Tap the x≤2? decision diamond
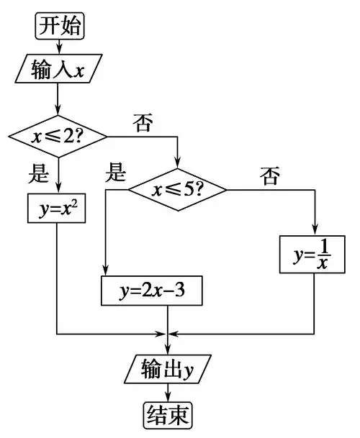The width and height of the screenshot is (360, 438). pos(58,135)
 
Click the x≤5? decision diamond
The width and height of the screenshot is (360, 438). pos(177,190)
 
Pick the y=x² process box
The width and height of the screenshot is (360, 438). pos(57,209)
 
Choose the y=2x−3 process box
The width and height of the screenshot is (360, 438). pos(150,292)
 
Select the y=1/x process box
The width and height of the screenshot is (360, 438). pos(315,254)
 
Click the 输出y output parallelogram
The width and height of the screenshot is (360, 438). pos(168,370)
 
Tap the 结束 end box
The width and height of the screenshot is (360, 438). pos(168,414)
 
